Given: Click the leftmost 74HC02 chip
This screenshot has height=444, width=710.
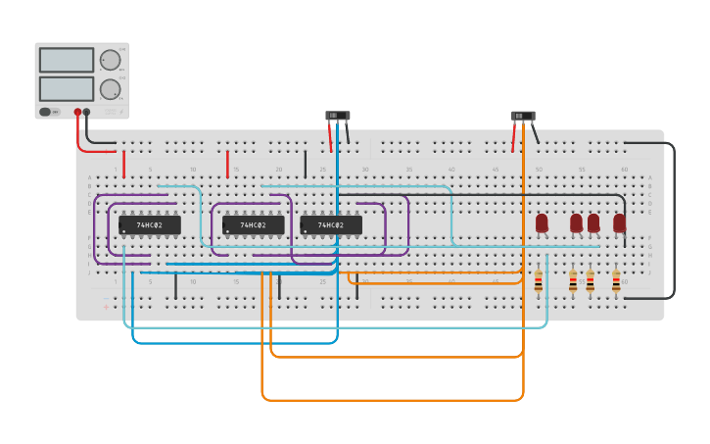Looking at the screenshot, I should point(149,225).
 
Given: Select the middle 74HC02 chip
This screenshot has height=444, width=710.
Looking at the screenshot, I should point(253,225).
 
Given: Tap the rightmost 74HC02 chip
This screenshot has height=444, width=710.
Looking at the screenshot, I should point(331,225).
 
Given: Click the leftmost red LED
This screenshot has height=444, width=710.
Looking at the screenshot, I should point(542,222).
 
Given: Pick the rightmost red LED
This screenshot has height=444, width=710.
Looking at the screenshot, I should point(619,222).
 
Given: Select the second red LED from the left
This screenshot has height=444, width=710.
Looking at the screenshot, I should point(576,222).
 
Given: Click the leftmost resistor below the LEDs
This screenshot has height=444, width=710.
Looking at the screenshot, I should point(538,281).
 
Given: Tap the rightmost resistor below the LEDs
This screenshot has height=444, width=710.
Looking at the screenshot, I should point(616,282).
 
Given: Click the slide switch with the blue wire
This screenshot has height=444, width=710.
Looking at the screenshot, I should point(337,116).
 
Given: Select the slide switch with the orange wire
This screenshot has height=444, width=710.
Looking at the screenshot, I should point(523,116).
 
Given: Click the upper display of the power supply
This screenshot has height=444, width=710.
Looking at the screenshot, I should point(67,60).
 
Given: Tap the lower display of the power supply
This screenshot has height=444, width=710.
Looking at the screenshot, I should point(67,89).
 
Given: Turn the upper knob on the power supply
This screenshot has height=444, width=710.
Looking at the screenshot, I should point(110,60).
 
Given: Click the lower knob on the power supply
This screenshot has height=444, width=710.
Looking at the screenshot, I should point(110,89).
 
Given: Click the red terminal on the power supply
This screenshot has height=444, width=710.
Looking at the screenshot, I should point(77,112).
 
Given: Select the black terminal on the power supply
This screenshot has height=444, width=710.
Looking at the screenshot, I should point(87,112).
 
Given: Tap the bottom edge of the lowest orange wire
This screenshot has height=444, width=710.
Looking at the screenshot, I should point(392,401).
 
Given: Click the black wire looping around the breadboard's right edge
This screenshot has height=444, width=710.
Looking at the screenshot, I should point(675,221).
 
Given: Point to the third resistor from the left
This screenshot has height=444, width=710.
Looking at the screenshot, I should point(590,282).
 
